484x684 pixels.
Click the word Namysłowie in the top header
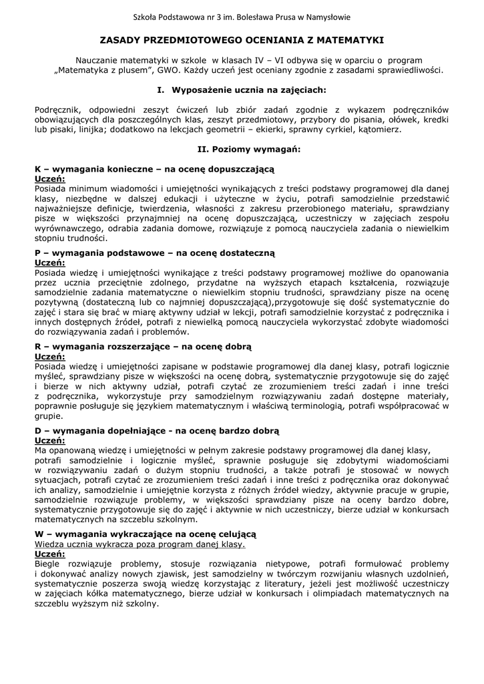click(328, 17)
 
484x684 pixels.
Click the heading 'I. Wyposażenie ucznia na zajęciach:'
click(241, 88)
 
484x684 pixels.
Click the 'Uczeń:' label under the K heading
click(49, 179)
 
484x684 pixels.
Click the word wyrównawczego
click(69, 227)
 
